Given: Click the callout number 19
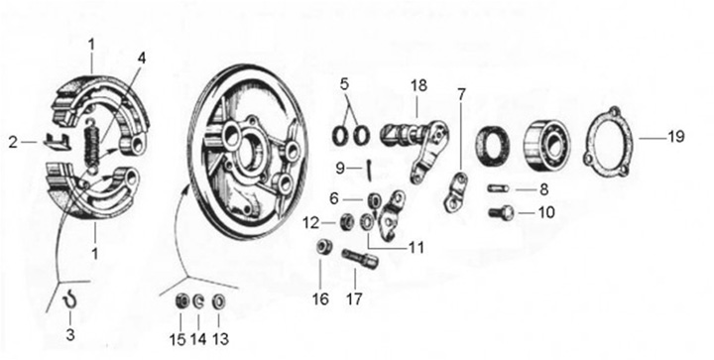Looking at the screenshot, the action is point(675,136).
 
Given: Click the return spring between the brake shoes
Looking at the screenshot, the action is point(93,145).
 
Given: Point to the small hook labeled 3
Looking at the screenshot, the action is point(69,300).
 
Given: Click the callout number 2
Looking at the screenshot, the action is point(13,143).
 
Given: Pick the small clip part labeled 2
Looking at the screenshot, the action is point(56,141).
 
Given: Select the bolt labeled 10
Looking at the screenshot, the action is point(501,212).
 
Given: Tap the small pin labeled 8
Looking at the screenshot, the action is point(497,187).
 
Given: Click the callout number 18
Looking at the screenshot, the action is point(418,85).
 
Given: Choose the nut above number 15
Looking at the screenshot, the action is point(182,301).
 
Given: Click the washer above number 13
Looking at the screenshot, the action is point(219,300).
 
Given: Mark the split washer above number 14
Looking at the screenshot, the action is point(199,301).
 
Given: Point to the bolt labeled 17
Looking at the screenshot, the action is point(360,259).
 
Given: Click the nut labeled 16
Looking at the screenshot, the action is point(324,247).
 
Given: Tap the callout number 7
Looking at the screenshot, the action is point(462,94).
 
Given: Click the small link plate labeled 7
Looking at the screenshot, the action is point(455,193).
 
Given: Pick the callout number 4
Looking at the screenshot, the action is point(143,59).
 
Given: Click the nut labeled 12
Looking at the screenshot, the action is point(348,222).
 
